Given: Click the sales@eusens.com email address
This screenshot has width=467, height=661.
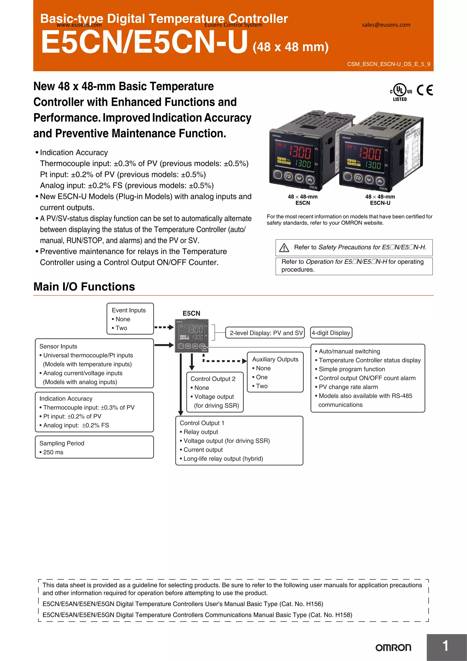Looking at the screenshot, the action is click(386, 25).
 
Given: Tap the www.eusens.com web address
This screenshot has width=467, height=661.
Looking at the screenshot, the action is click(79, 25).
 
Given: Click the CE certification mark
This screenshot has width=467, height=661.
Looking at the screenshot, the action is click(425, 90).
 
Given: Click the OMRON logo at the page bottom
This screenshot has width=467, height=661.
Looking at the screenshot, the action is click(393, 648).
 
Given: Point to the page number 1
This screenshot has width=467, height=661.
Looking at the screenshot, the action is click(445, 646).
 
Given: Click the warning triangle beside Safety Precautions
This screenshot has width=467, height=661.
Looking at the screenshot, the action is click(284, 248).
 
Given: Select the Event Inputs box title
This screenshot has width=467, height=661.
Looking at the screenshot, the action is click(129, 310).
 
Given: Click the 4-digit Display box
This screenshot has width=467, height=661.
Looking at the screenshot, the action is click(331, 333).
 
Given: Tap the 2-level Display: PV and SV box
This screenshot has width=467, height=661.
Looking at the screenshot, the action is click(266, 333).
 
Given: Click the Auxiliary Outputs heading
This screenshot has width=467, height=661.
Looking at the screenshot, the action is click(275, 359).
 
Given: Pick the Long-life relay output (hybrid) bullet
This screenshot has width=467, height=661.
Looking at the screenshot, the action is click(223, 459).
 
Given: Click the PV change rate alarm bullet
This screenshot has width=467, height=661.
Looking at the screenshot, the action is click(348, 387).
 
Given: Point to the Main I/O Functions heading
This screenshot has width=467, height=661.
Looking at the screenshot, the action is click(84, 287).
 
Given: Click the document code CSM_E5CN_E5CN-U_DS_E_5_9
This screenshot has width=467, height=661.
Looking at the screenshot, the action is click(389, 64).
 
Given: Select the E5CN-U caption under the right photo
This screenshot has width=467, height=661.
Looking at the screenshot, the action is click(380, 203).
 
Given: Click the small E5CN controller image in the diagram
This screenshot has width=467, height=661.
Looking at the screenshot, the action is click(192, 336).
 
